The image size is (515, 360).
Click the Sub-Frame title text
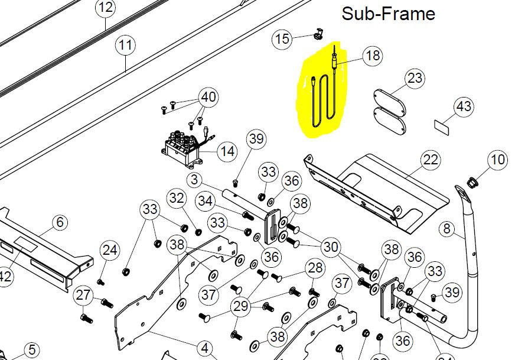388,14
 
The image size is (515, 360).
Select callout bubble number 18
373,56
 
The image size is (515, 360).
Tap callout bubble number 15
282,39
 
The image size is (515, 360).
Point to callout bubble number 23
415,78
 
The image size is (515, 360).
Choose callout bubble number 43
464,106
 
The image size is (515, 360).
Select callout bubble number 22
431,159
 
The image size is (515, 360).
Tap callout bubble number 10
498,160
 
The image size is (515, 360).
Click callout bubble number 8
447,228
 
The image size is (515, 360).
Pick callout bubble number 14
227,151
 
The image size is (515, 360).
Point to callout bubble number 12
106,8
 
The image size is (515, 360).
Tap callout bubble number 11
125,45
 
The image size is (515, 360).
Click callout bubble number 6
60,222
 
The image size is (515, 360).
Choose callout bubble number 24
110,251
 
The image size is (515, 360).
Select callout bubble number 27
84,295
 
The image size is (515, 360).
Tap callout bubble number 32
177,197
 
